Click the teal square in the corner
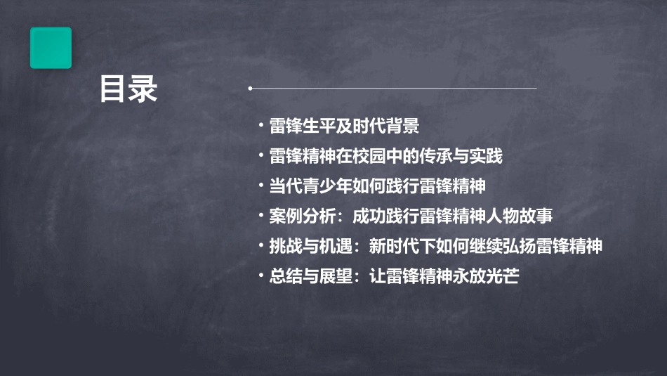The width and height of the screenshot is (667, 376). click(51, 48)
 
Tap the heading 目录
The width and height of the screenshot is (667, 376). click(128, 89)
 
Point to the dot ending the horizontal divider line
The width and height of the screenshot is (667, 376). click(250, 89)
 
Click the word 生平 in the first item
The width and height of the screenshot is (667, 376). click(319, 127)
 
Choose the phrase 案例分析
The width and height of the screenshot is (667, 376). click(303, 216)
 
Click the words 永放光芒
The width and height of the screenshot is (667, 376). click(486, 276)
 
